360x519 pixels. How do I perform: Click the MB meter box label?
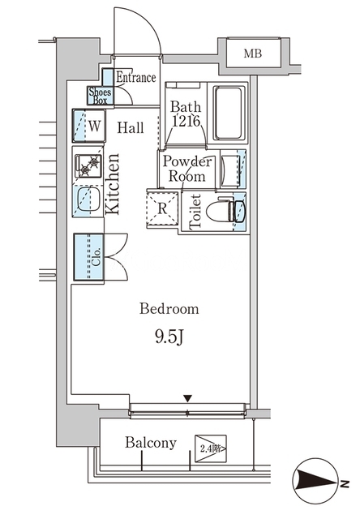tap(253, 54)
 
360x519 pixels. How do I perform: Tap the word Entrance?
tap(136, 78)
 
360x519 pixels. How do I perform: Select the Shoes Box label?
tap(100, 96)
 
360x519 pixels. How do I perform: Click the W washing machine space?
tap(95, 127)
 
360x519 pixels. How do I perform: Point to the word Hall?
tap(131, 127)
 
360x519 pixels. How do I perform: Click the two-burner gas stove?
tap(88, 165)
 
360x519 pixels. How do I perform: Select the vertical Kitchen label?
tap(112, 184)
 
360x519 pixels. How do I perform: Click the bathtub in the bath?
tap(228, 113)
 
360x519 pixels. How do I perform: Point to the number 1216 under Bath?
tap(186, 122)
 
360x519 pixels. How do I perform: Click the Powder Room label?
tap(187, 169)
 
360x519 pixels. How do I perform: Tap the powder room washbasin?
tap(230, 169)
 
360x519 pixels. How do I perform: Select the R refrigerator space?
tap(162, 208)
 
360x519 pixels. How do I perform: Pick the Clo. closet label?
tap(96, 257)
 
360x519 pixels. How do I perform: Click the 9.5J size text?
tap(169, 338)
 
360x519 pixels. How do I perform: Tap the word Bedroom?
tap(169, 309)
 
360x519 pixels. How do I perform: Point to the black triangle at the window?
tap(188, 398)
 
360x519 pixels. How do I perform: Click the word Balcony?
tap(151, 443)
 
